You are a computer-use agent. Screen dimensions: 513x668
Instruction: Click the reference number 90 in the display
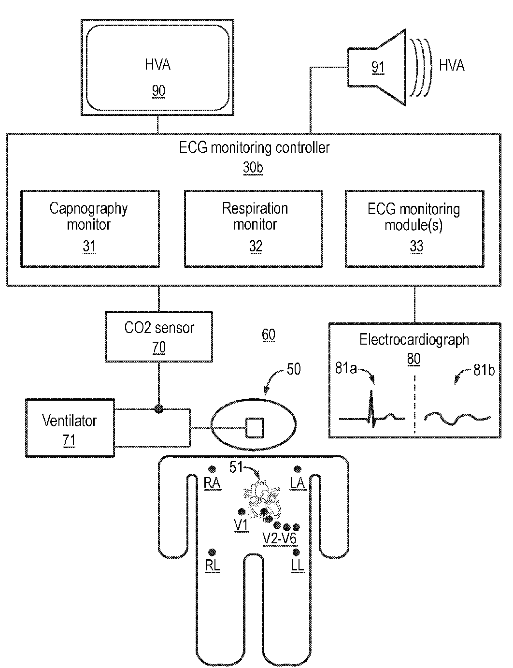(x=158, y=91)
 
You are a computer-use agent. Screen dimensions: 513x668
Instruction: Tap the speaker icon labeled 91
(x=377, y=67)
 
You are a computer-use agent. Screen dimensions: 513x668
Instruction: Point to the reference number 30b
(x=253, y=168)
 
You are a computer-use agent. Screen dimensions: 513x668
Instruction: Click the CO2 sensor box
(x=159, y=336)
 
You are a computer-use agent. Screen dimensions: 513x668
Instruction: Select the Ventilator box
(x=70, y=428)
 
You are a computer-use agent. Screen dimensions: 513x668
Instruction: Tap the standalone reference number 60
(x=268, y=334)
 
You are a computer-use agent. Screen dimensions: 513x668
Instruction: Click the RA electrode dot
(x=212, y=469)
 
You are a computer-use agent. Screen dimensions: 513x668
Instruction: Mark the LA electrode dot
(x=297, y=469)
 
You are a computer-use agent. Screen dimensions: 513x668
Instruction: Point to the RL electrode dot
(x=212, y=552)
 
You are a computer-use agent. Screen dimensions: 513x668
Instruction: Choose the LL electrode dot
(x=296, y=552)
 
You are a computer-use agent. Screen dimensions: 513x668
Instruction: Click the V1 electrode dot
(x=242, y=512)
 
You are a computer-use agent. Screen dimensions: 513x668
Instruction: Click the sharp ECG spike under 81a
(x=371, y=408)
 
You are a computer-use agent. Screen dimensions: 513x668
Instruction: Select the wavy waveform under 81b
(x=457, y=419)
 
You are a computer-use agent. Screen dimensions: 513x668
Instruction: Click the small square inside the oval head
(x=255, y=428)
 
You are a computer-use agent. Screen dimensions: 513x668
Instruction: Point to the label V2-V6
(x=280, y=539)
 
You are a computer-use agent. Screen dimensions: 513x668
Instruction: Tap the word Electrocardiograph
(x=414, y=340)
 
